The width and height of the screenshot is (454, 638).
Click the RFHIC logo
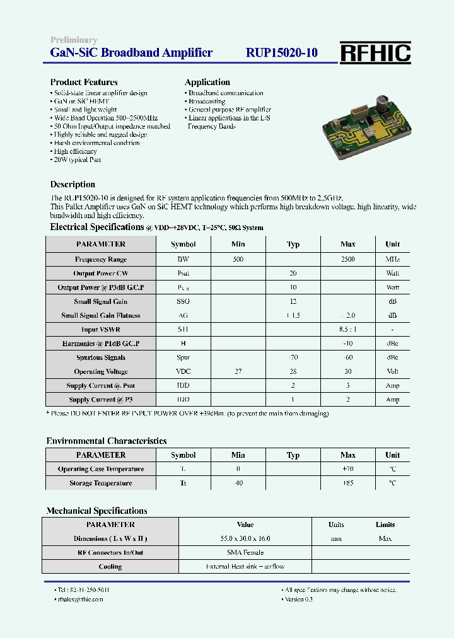tap(375, 54)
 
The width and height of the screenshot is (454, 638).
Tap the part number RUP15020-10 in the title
tap(281, 54)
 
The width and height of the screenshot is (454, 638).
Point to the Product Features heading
tap(84, 82)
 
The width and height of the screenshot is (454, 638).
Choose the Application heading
tap(207, 82)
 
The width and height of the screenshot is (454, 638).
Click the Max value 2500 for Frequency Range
tap(347, 259)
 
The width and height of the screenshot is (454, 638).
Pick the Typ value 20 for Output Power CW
tap(293, 274)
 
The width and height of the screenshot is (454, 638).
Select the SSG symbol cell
tap(183, 301)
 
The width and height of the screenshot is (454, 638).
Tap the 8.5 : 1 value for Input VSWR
tap(347, 330)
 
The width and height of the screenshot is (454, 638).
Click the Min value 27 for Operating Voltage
tap(238, 372)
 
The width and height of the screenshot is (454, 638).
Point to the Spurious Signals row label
tap(101, 358)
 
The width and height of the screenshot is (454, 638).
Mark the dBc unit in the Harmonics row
tap(392, 344)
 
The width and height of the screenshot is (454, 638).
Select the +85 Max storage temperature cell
tap(347, 484)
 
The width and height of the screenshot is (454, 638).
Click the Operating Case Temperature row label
tap(101, 469)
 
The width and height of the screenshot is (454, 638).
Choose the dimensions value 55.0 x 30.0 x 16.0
tap(245, 539)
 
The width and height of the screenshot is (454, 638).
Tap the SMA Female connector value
tap(245, 553)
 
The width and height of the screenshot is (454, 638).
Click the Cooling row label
tap(110, 567)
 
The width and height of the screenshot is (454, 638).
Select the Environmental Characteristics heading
tap(107, 441)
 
